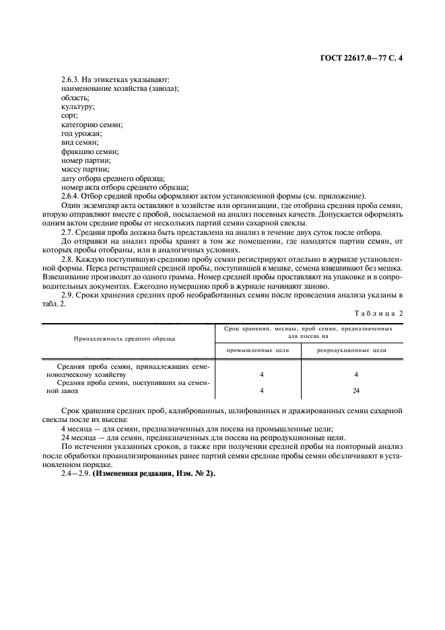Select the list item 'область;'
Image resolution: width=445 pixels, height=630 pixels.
[x=75, y=98]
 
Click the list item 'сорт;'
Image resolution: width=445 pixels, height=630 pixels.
[x=69, y=116]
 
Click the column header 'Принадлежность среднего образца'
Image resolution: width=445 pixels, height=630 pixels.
[x=125, y=338]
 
